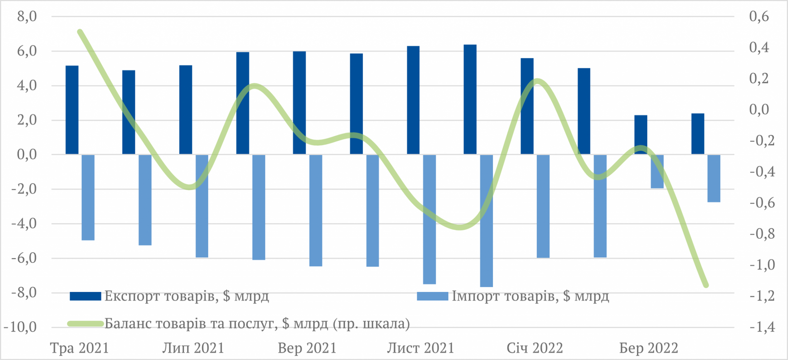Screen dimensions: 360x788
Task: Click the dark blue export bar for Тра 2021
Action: tap(72, 110)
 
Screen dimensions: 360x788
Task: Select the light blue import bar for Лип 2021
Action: tap(202, 206)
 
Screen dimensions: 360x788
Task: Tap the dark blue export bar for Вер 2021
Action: tap(299, 103)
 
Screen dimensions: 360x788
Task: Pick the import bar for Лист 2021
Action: tap(429, 219)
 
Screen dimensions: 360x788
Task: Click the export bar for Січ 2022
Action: tap(527, 106)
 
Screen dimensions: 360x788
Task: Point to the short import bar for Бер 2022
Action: tap(657, 171)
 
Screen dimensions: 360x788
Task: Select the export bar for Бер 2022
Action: tap(641, 135)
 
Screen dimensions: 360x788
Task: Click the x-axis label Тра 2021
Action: tap(80, 348)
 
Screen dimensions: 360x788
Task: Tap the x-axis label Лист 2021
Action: tap(420, 348)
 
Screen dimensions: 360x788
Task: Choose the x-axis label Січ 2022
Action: tap(535, 348)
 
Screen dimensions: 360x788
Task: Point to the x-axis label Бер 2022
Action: tap(649, 348)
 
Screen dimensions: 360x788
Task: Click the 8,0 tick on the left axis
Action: tap(27, 17)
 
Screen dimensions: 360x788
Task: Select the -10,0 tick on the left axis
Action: tap(21, 327)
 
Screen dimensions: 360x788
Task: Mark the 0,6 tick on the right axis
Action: tap(759, 17)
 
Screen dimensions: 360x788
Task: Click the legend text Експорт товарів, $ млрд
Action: tap(187, 296)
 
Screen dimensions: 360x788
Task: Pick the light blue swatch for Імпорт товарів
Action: tap(432, 296)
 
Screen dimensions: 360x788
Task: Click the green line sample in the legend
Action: tap(86, 324)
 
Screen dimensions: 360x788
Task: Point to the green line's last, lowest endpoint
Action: tap(706, 285)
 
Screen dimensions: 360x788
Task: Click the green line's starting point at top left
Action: tap(80, 32)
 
